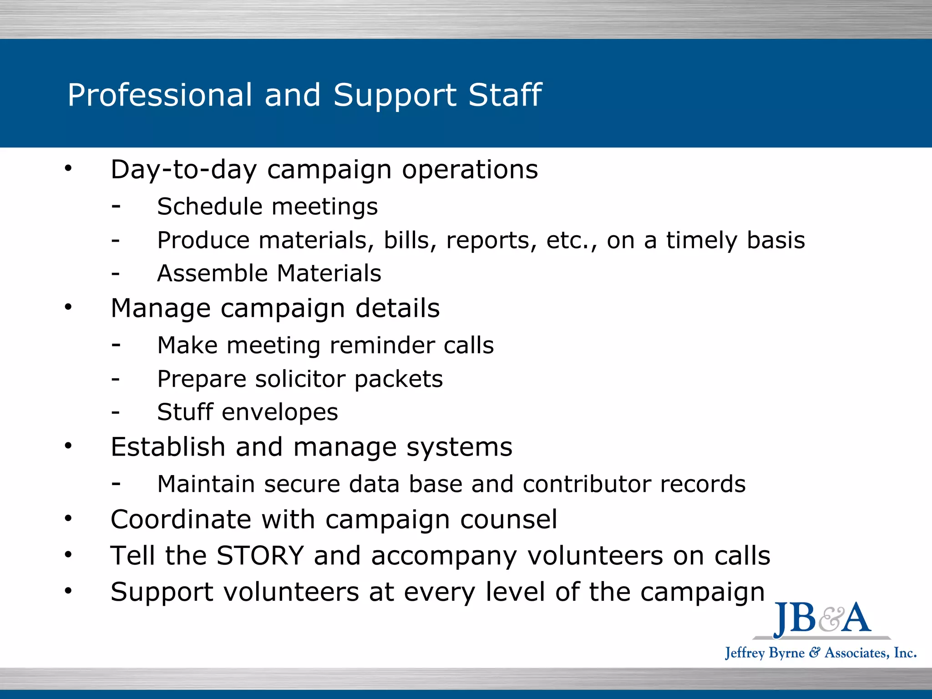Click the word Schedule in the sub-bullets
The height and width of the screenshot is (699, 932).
click(209, 207)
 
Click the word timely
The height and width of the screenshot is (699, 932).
click(702, 241)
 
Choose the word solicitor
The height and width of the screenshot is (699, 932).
click(300, 379)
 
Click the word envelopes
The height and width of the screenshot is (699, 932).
click(279, 413)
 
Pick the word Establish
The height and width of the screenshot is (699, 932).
click(167, 447)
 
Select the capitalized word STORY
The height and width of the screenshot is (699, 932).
click(260, 556)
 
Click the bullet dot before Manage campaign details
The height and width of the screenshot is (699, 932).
click(68, 307)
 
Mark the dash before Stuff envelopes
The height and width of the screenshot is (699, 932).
click(116, 413)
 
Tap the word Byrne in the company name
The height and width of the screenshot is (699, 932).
click(786, 653)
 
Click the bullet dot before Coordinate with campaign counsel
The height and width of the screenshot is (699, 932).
click(68, 518)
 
